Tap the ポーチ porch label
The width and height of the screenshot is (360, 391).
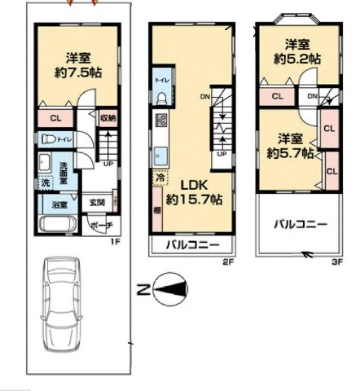click(x=101, y=226)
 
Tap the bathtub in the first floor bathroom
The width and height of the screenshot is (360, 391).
click(x=58, y=222)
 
